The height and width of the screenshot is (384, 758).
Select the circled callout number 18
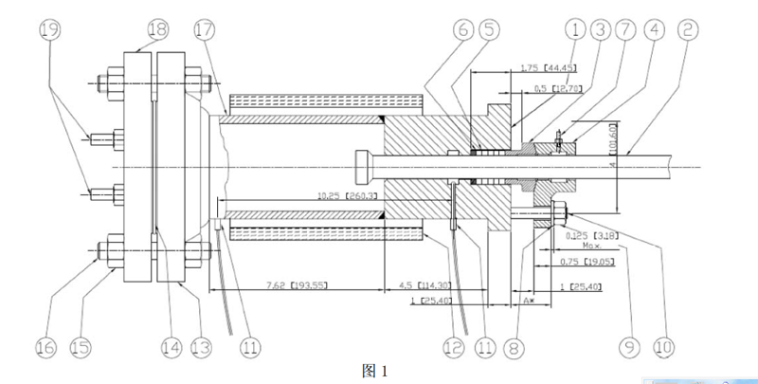click(157, 29)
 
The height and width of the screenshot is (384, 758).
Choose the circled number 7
click(626, 29)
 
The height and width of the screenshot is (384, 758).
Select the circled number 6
click(463, 29)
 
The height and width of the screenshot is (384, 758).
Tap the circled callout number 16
click(45, 348)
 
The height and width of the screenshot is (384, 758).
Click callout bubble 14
click(170, 348)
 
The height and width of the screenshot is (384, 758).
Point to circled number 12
click(454, 348)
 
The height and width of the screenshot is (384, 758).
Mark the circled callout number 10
click(663, 348)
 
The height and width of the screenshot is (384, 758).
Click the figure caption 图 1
click(376, 371)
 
